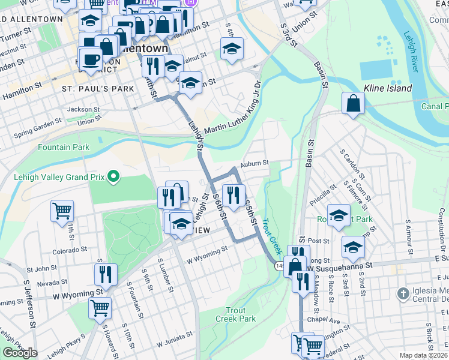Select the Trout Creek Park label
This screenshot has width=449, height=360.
[240, 314]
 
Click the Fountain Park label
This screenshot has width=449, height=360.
[63, 147]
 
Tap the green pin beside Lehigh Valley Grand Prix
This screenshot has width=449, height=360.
[112, 176]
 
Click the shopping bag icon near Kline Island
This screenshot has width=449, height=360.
[354, 103]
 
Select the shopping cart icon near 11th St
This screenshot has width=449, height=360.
[62, 211]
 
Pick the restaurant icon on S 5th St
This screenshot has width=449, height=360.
[233, 194]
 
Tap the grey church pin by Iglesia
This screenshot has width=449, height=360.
[402, 294]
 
